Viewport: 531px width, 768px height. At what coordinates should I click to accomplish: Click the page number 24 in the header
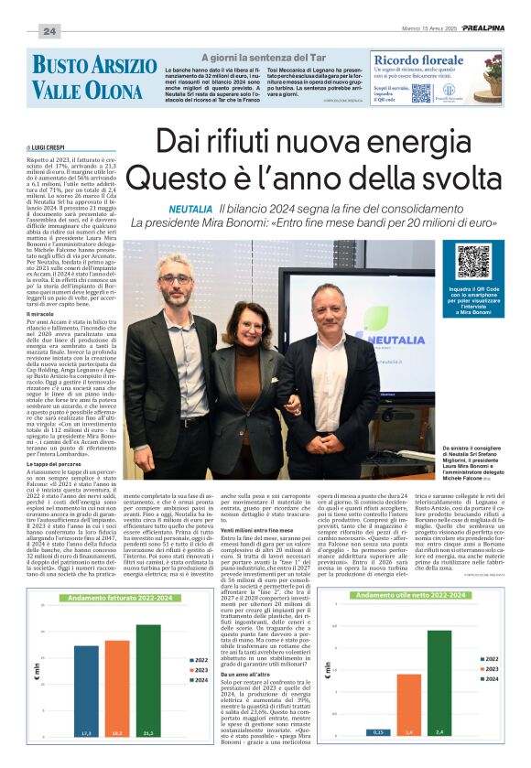click(x=49, y=31)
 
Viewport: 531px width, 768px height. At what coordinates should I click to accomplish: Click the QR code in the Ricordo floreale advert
click(x=420, y=92)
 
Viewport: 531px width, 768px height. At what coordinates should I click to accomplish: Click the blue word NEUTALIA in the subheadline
click(x=189, y=210)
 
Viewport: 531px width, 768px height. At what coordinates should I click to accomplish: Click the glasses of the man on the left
click(x=174, y=277)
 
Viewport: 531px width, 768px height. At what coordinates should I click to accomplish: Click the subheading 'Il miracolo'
click(x=42, y=313)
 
